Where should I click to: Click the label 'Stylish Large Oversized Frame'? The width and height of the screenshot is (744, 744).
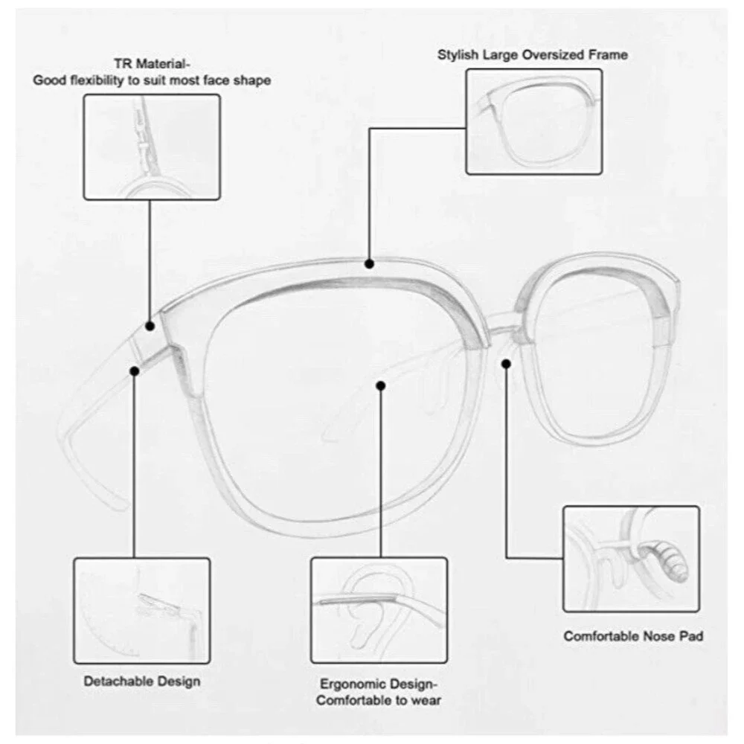point(533,54)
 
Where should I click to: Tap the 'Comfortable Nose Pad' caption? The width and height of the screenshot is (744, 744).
point(633,636)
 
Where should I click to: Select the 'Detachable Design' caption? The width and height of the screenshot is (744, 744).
point(142,682)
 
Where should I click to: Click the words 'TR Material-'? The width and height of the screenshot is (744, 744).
point(152,63)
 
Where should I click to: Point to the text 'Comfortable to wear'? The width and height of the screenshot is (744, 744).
point(379,700)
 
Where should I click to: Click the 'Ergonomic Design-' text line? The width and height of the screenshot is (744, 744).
point(379,684)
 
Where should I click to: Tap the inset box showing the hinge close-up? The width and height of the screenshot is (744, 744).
point(152,147)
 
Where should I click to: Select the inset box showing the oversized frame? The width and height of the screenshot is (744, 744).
point(533,121)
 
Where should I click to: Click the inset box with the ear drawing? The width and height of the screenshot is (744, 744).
point(379,610)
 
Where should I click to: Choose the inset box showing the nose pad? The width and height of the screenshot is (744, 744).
point(631,559)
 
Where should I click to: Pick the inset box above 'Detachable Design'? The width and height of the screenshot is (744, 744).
point(142,611)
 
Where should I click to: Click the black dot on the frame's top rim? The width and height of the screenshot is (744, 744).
point(369,264)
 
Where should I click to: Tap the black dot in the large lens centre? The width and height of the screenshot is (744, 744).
point(380,385)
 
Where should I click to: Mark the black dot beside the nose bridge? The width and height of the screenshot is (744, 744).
point(506,364)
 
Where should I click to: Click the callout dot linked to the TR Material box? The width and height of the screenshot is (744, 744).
point(150,326)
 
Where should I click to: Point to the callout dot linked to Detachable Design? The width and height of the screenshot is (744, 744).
point(135,371)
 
